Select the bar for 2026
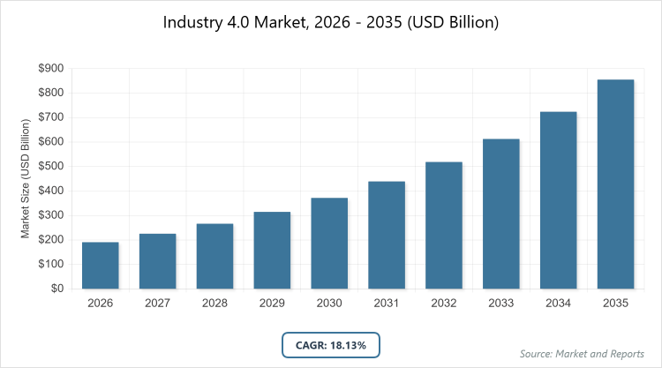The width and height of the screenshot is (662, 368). (101, 265)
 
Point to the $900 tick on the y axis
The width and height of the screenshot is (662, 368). (51, 68)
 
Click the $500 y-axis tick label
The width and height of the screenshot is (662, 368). (51, 166)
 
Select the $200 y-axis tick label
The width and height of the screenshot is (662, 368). (51, 240)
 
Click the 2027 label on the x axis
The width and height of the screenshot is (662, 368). (157, 304)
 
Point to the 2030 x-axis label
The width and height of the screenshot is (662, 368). (329, 304)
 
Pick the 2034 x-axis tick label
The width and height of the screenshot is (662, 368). (558, 304)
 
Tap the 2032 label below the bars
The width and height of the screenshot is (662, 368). (444, 304)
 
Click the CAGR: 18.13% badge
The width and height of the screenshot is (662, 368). (331, 345)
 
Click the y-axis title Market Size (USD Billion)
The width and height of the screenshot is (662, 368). (26, 180)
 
